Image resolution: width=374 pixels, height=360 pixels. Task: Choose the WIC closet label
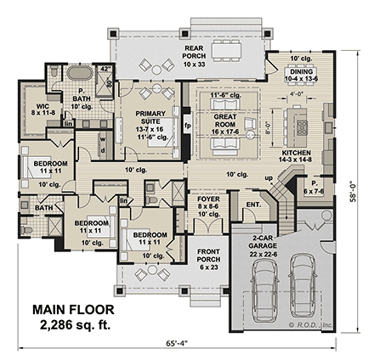tap(42, 107)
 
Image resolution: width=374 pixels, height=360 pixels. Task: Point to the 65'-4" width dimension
tap(180, 345)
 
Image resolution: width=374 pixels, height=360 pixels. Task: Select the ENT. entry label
tap(252, 204)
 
